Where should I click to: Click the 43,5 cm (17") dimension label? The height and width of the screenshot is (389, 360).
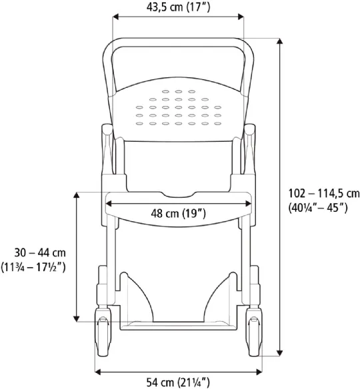point(178,7)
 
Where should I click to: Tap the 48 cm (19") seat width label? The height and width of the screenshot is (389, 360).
point(178,214)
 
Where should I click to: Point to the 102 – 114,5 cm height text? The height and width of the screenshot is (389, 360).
point(319,193)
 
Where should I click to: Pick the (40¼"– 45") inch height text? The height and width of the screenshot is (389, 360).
point(319,207)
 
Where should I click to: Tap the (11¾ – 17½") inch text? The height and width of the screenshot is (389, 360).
point(41,266)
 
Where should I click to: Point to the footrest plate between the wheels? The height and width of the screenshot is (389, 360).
point(178,324)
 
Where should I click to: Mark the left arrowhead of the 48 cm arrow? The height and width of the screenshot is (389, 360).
point(108,203)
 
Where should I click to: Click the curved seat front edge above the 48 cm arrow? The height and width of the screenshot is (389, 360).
point(178,195)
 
